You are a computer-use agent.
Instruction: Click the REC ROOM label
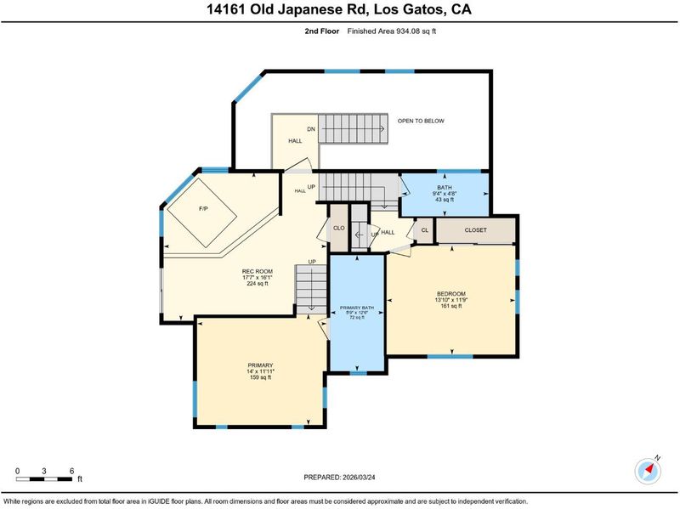point(258,278)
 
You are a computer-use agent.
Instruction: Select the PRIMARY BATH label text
point(357,313)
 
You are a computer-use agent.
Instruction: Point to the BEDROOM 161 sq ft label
point(451,300)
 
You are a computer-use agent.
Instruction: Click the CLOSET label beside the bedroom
point(476,230)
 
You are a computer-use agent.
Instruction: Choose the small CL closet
point(424,230)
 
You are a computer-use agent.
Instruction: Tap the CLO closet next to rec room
point(338,228)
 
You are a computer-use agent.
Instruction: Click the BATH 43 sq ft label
point(445,194)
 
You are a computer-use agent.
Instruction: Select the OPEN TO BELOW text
point(421,121)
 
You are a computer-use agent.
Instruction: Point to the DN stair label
point(311,129)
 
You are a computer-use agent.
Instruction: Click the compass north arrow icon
point(649,470)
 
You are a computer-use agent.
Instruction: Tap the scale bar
point(44,479)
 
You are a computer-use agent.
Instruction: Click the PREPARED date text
point(339,478)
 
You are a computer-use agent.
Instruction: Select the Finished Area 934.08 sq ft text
point(392,31)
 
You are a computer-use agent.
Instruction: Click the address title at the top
point(339,9)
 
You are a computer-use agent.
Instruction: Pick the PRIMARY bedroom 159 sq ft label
point(260,371)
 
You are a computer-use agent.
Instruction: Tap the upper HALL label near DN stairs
point(295,141)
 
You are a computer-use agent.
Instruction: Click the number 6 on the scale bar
point(71,472)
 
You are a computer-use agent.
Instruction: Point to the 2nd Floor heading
point(322,31)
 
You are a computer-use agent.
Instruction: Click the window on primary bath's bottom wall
point(358,372)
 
